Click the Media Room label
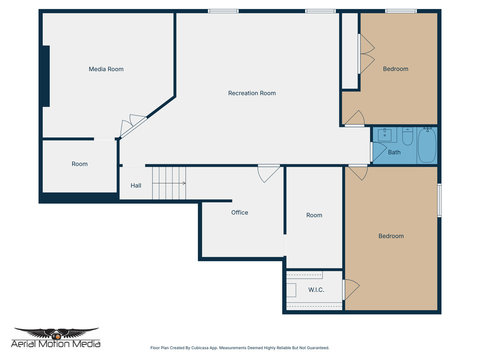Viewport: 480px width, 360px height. (x=106, y=69)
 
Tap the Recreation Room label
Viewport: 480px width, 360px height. (x=252, y=93)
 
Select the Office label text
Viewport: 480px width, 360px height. (x=240, y=213)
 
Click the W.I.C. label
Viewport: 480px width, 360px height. (x=316, y=290)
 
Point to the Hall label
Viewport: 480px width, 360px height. (x=136, y=186)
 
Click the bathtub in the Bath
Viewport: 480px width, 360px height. (x=427, y=145)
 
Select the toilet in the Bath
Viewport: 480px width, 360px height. (x=407, y=136)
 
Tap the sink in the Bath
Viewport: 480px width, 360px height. (x=387, y=135)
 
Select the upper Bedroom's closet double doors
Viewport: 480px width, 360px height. (x=366, y=54)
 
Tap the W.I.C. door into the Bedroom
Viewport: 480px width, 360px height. (x=351, y=290)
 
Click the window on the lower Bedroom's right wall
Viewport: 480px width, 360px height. (x=439, y=200)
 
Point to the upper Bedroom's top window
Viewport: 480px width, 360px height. (x=401, y=11)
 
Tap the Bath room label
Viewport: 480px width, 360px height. (x=394, y=152)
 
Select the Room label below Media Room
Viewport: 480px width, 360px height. (x=80, y=164)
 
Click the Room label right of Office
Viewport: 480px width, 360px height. (x=314, y=215)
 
